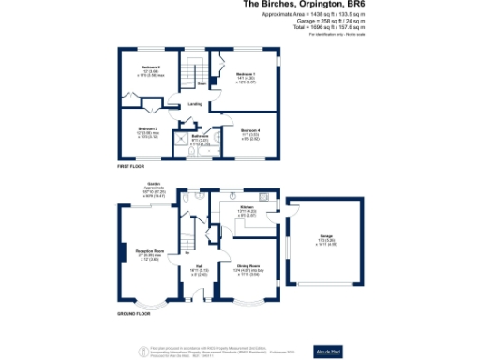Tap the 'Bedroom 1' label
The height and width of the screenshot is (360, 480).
coord(245,72)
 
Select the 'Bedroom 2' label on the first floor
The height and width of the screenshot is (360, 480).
coord(151,67)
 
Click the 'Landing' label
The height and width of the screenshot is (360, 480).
coord(195,104)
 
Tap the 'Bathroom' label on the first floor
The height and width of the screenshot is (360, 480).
coord(199,136)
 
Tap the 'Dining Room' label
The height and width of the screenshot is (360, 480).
coord(248,265)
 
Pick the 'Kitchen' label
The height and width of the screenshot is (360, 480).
coord(247,207)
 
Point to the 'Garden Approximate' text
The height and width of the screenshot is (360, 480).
coord(155,186)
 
